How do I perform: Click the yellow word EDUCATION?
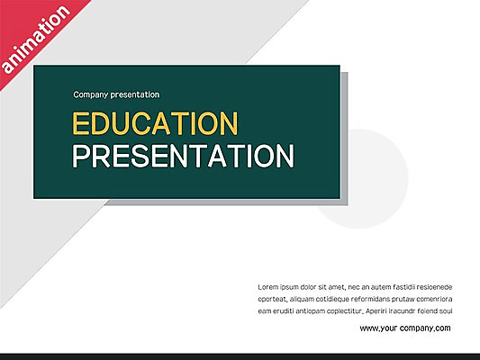click(154, 123)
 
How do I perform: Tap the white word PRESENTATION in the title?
click(183, 156)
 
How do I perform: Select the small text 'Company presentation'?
click(116, 94)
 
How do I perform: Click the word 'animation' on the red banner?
click(35, 40)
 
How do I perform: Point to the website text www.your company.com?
click(405, 328)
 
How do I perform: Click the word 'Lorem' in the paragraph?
click(269, 287)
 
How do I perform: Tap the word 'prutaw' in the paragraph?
click(405, 299)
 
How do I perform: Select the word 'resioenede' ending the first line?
click(433, 287)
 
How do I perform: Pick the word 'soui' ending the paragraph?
click(445, 310)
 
